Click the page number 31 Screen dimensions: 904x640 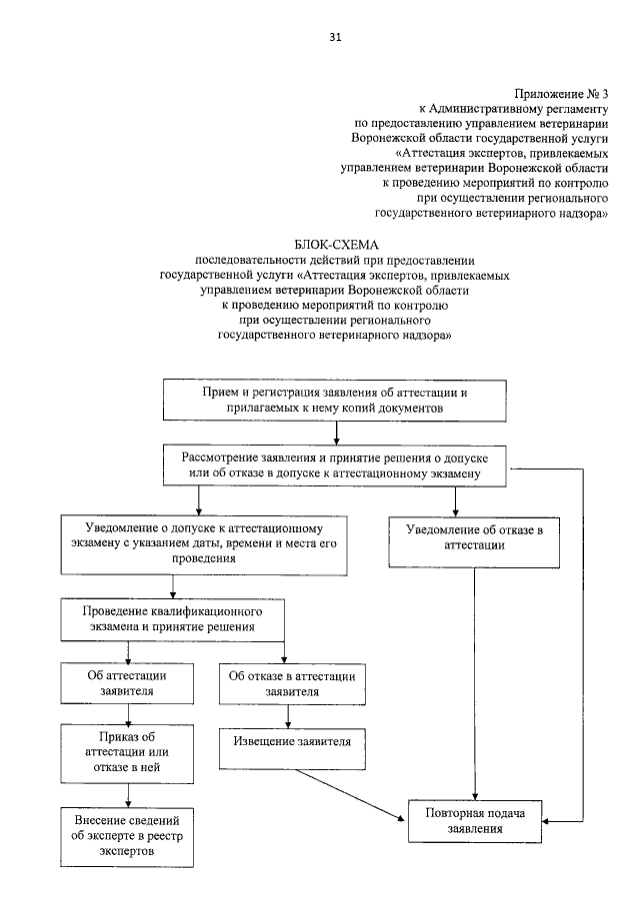pos(335,38)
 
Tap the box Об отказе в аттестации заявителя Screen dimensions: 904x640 pos(289,682)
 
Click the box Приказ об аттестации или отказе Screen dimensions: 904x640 pos(126,752)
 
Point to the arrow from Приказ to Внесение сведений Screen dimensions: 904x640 pos(126,792)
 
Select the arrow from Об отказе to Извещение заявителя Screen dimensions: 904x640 pos(288,715)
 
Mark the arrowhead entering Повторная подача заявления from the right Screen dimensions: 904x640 pos(549,820)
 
